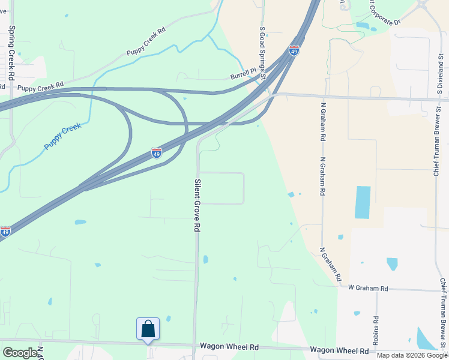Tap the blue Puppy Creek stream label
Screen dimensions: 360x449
point(62,137)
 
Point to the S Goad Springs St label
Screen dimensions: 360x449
point(262,49)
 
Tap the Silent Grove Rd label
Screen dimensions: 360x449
point(196,205)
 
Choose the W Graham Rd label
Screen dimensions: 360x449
point(368,289)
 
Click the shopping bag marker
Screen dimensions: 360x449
point(148,329)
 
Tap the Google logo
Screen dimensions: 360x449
point(20,353)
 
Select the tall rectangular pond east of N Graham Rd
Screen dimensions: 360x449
point(363,202)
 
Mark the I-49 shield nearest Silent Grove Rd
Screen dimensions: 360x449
point(156,153)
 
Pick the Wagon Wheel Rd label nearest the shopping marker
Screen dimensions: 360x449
point(229,347)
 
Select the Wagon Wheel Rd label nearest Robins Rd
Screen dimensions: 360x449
point(339,350)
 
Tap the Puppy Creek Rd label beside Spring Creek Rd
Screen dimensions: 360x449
point(40,88)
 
